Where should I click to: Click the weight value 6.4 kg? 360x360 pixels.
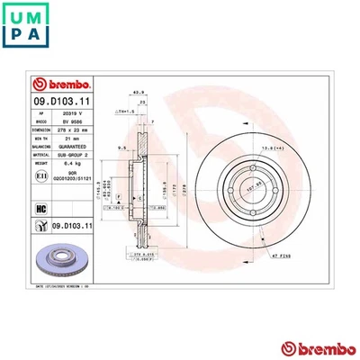[x=78, y=164]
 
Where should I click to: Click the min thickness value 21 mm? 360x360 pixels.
[x=78, y=139]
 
